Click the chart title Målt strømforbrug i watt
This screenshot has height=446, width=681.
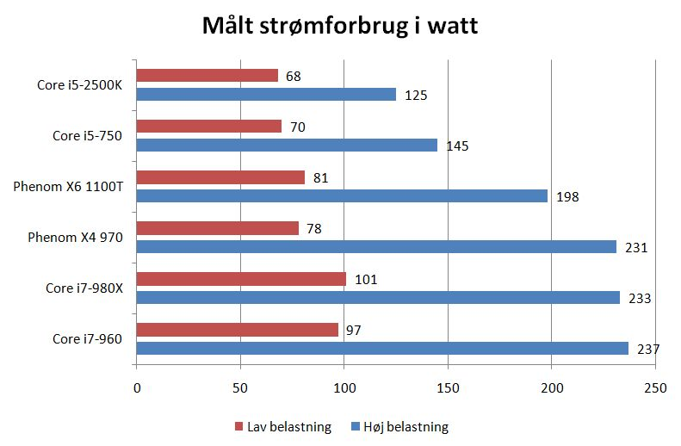(x=340, y=26)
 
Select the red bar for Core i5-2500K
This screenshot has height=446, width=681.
(x=207, y=76)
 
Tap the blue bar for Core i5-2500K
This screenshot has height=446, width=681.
(x=266, y=94)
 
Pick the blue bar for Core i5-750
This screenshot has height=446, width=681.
(x=287, y=146)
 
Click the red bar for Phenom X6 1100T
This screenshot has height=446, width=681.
(x=220, y=177)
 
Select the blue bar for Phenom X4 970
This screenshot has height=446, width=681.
(x=376, y=247)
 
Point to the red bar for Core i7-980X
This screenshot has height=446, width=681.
(x=241, y=279)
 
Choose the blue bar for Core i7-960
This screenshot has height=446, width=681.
(x=382, y=349)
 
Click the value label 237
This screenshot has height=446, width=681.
(x=648, y=349)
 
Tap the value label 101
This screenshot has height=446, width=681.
(x=366, y=279)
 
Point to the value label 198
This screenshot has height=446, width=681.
(x=568, y=196)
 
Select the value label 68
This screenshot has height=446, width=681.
(x=293, y=76)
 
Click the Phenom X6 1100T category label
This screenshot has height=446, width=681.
(x=68, y=186)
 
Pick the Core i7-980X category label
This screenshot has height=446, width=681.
(x=84, y=288)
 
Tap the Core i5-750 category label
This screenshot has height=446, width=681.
(x=88, y=135)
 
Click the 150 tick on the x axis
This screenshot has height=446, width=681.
(x=448, y=387)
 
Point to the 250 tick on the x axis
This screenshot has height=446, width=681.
(x=655, y=387)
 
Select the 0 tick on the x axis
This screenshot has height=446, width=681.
(x=137, y=387)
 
